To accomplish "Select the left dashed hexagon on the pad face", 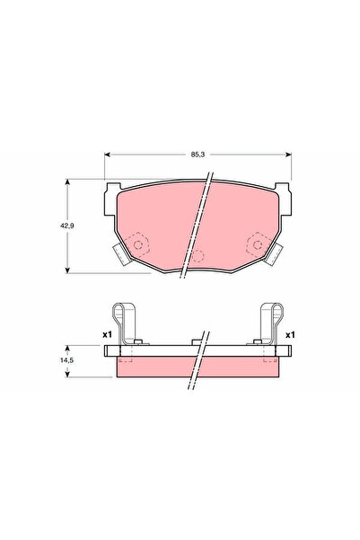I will tap(138, 244).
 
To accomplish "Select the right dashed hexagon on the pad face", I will tap(256, 244).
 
